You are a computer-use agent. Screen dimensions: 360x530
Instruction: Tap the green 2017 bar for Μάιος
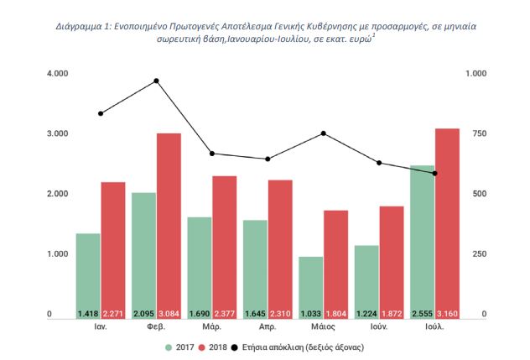[x=311, y=285]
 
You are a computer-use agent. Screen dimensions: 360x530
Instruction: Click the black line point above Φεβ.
[x=157, y=81]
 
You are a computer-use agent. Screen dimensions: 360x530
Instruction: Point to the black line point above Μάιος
[x=324, y=133]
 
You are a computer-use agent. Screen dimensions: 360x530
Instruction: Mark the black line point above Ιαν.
[x=101, y=113]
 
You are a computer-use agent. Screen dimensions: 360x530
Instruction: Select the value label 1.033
[x=311, y=314]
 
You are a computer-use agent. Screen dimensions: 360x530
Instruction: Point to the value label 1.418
[x=88, y=314]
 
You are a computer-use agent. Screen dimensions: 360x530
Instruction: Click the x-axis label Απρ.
[x=268, y=328]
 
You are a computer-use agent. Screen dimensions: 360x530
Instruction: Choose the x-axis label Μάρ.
[x=212, y=328]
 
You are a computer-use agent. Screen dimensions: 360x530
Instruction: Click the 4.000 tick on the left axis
[x=57, y=74]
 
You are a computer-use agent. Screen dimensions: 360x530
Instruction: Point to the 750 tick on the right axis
[x=475, y=134]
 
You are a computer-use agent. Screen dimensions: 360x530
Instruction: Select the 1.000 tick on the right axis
[x=477, y=74]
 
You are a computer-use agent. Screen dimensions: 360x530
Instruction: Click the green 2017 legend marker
[x=169, y=346]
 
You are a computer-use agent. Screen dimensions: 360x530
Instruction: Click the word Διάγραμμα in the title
[x=81, y=27]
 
